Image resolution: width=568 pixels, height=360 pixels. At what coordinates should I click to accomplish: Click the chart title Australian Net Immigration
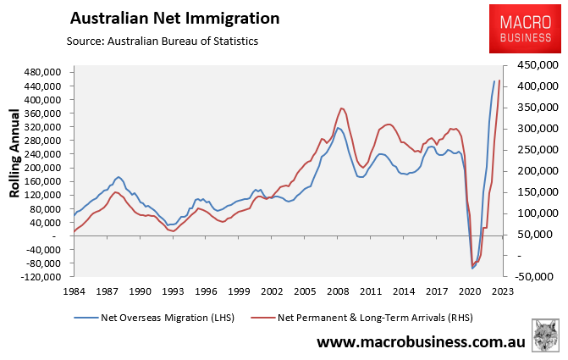click(x=174, y=18)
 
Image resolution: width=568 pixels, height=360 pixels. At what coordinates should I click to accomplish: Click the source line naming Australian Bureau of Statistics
click(x=162, y=40)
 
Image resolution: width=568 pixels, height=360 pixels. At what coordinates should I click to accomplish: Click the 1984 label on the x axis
click(x=74, y=291)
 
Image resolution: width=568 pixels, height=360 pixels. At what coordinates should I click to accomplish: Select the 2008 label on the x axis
click(x=339, y=291)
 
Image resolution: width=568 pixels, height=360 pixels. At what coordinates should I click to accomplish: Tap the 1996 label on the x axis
click(x=206, y=291)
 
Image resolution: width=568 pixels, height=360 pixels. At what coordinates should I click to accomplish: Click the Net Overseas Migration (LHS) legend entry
click(x=156, y=317)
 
